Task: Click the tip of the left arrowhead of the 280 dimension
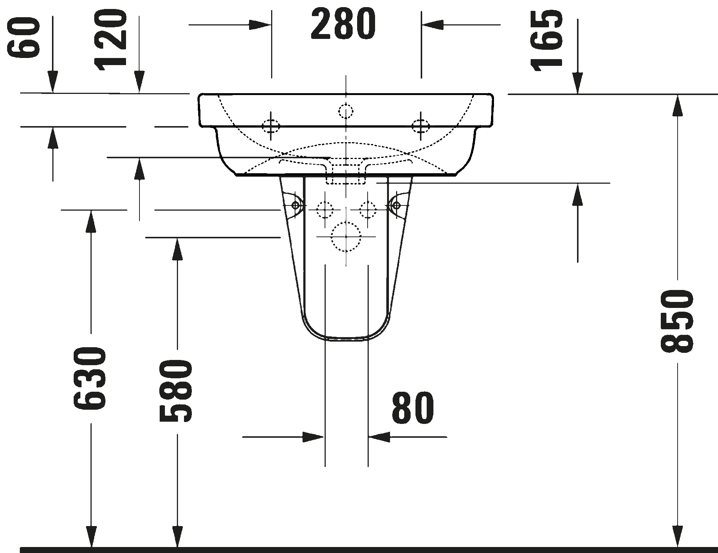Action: [271, 25]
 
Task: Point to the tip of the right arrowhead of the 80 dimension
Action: [368, 437]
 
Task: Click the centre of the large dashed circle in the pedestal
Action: [346, 237]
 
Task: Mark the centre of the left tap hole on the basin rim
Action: [271, 126]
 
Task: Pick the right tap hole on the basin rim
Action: [421, 126]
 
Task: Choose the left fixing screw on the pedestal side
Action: [295, 205]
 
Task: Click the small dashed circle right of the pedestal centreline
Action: [368, 210]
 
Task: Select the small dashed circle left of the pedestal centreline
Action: [325, 210]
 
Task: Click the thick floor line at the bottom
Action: [368, 550]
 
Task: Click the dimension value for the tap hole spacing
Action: [343, 24]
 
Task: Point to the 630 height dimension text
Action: [90, 378]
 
